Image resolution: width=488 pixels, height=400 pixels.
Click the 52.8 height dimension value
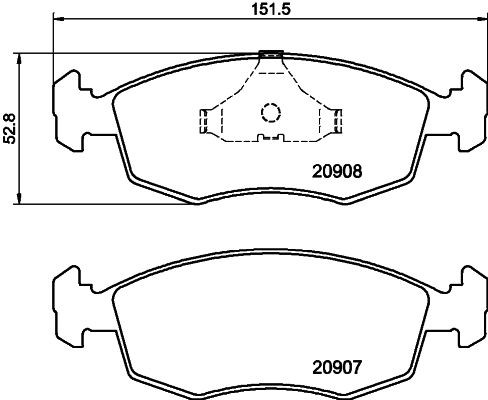pos(10,128)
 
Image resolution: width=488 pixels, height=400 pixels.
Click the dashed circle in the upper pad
pos(270,112)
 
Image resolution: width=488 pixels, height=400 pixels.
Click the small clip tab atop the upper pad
pos(270,54)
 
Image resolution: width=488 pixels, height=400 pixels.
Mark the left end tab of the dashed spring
pos(206,120)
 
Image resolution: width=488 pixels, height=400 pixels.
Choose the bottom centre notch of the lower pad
pos(268,391)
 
